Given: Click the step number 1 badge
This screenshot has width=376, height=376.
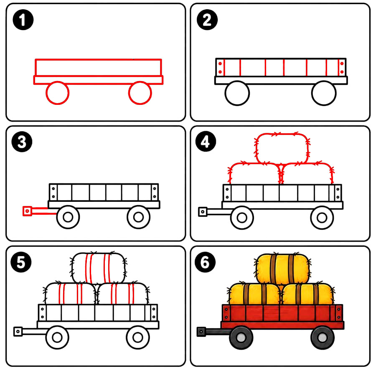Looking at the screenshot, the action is click(23, 20).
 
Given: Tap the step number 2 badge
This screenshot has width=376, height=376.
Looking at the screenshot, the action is click(207, 20).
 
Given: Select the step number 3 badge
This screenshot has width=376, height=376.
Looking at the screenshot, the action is click(22, 142).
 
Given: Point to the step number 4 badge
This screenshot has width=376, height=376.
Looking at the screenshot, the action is click(206, 141).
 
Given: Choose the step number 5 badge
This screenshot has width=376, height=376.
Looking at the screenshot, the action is click(21, 262).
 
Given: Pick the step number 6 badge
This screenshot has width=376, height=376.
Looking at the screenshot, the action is click(205, 262).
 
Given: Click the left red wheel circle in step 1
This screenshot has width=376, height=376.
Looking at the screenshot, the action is click(58, 81).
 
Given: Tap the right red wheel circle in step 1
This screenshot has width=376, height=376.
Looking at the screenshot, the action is click(140, 81).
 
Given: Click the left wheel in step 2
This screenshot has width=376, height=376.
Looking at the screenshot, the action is click(237, 81).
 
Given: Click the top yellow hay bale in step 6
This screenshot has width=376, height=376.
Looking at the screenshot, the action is click(282, 269).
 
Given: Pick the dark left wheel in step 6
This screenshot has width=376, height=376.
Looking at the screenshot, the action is click(241, 338).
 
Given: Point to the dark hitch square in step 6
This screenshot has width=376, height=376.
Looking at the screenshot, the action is click(201, 332).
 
